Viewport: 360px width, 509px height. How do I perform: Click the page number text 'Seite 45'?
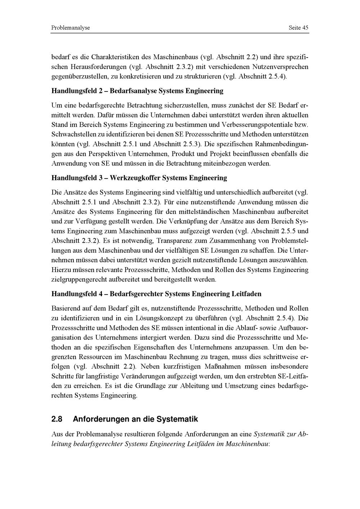298,28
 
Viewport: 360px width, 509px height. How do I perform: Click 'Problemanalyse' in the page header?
71,28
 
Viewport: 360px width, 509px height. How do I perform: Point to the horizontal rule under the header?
180,33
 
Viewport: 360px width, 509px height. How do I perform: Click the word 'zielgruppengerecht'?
78,279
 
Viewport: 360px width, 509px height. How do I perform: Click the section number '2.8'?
57,419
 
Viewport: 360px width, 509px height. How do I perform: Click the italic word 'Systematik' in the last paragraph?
270,434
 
